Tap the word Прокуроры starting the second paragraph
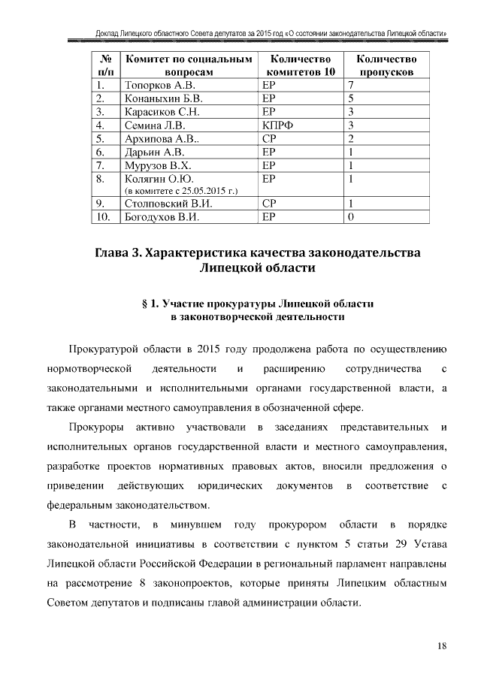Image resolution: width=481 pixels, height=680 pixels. coord(96,428)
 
